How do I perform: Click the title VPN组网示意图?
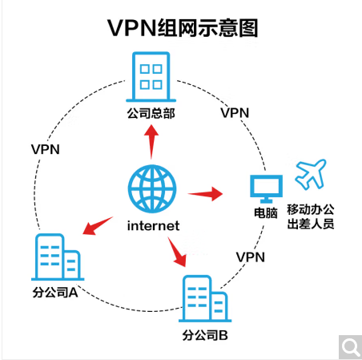click(x=183, y=28)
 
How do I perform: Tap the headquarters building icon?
click(x=151, y=77)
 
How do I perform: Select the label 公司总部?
click(x=151, y=113)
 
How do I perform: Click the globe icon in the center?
click(x=152, y=188)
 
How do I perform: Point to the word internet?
click(x=153, y=226)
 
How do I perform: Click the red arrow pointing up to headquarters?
click(x=151, y=142)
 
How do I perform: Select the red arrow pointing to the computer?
click(x=205, y=193)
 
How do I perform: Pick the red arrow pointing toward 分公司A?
click(x=98, y=226)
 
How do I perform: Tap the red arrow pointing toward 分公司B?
click(x=176, y=252)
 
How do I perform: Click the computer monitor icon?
click(x=266, y=189)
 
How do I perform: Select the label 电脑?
click(x=266, y=213)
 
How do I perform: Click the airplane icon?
click(x=311, y=174)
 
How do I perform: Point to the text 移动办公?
click(x=311, y=209)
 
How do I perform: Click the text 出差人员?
click(x=311, y=224)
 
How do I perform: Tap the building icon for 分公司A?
click(x=58, y=257)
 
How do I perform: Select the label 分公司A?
click(x=55, y=293)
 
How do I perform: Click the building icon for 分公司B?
click(x=205, y=298)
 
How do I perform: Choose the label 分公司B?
click(x=205, y=335)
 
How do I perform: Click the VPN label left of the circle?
click(x=46, y=149)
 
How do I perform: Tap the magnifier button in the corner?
click(x=350, y=347)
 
